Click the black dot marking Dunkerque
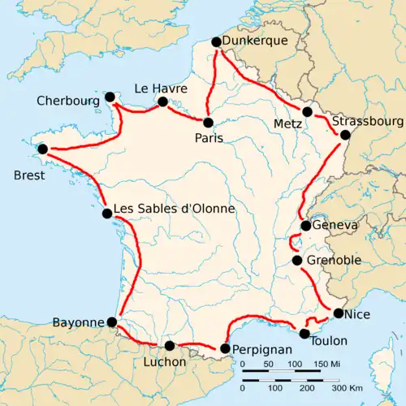click(216, 41)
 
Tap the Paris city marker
click(209, 123)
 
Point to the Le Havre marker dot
click(162, 101)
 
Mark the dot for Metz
click(307, 111)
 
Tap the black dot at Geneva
click(304, 226)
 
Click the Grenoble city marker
click(297, 261)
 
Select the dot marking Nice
click(338, 313)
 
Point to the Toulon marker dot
click(304, 333)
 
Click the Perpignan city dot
click(225, 349)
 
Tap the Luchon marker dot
click(170, 345)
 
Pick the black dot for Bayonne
click(112, 322)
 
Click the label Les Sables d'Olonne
click(175, 209)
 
